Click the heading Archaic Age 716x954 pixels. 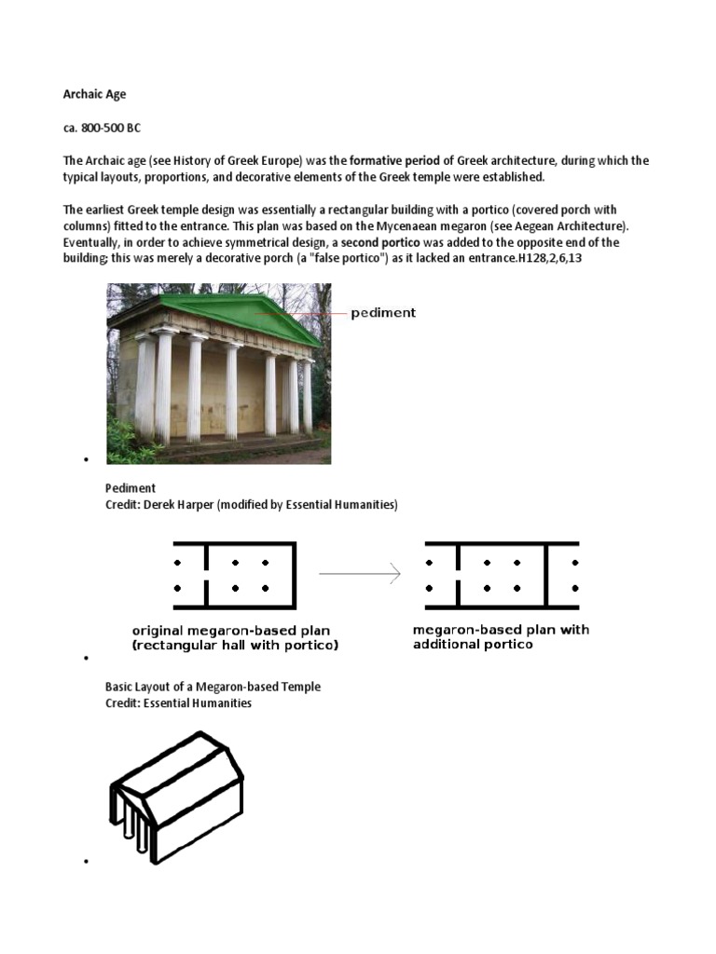94,94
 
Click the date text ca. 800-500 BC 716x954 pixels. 102,128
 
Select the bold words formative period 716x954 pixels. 395,161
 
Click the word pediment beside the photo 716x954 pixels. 383,313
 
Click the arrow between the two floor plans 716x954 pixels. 360,575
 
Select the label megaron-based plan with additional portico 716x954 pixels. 501,636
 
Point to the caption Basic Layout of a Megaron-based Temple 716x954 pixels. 213,687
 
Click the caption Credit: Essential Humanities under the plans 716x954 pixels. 178,703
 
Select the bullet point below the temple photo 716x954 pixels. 85,460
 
